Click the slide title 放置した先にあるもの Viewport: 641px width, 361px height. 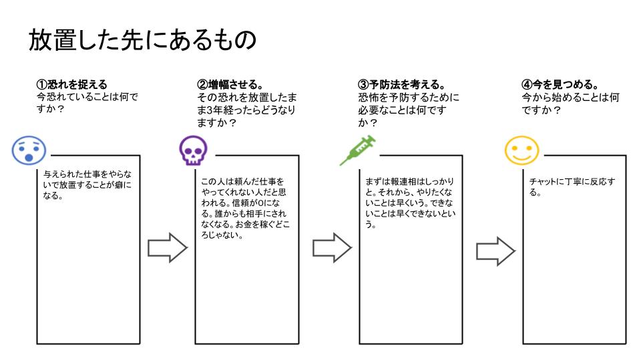click(x=142, y=39)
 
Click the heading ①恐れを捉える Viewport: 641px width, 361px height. click(x=71, y=84)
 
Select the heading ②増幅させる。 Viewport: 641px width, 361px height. click(x=230, y=84)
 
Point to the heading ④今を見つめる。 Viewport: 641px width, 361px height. click(x=560, y=84)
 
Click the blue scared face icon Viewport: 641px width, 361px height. click(x=29, y=150)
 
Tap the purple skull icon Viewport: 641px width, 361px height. click(x=193, y=151)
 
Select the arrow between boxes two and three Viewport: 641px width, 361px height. click(x=332, y=248)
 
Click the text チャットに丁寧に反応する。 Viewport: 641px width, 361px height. click(x=572, y=187)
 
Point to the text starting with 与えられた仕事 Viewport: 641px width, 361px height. click(x=87, y=187)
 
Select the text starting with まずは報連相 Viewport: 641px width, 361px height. click(x=409, y=203)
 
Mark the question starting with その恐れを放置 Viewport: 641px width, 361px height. click(x=246, y=110)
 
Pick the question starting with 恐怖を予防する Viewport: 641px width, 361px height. click(x=409, y=110)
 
